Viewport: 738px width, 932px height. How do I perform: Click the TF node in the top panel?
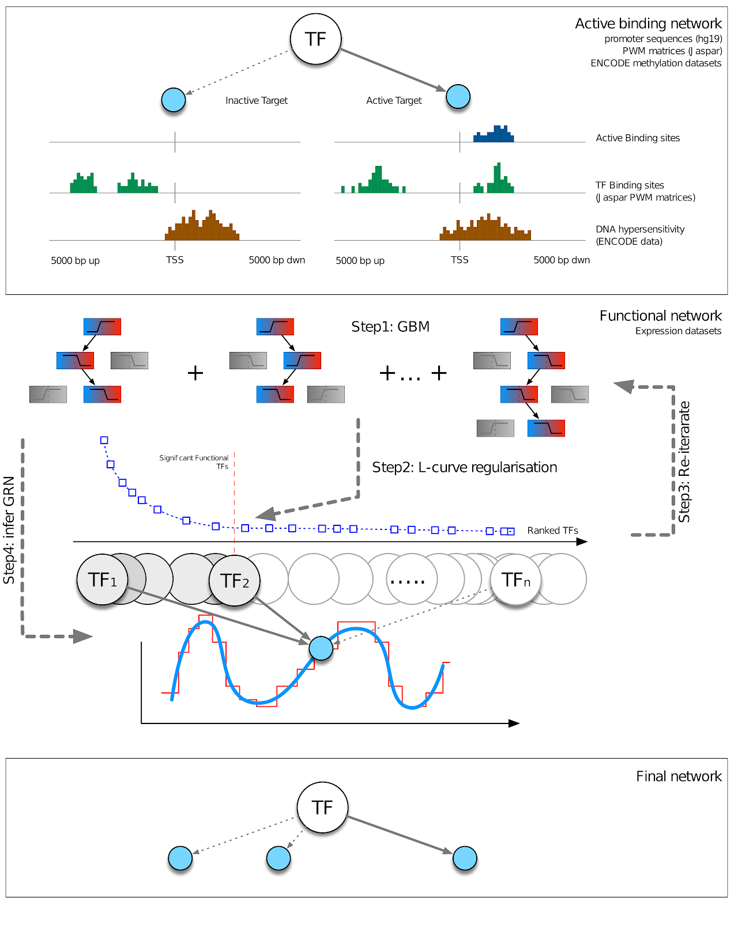pyautogui.click(x=315, y=39)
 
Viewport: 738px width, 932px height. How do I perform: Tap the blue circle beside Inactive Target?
pyautogui.click(x=174, y=100)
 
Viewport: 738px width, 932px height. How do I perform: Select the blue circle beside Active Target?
pyautogui.click(x=458, y=97)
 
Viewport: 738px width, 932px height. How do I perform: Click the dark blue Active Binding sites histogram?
pyautogui.click(x=494, y=134)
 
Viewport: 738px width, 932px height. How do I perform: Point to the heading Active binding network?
pyautogui.click(x=648, y=24)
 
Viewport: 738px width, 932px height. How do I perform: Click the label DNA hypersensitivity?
pyautogui.click(x=640, y=229)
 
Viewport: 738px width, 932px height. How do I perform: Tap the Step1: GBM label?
pyautogui.click(x=390, y=327)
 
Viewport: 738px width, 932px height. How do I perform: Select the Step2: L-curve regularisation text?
pyautogui.click(x=464, y=467)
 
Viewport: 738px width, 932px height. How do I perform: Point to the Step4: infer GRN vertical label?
pyautogui.click(x=9, y=530)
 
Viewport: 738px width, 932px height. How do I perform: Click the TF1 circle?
pyautogui.click(x=102, y=579)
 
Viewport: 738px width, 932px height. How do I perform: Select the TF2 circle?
pyautogui.click(x=234, y=581)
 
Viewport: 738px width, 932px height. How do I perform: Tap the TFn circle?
pyautogui.click(x=515, y=579)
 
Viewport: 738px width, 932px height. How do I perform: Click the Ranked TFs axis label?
pyautogui.click(x=552, y=531)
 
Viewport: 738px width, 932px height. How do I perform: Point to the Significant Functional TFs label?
pyautogui.click(x=194, y=462)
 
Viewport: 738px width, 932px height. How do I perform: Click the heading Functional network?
pyautogui.click(x=660, y=316)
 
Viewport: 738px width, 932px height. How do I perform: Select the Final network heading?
pyautogui.click(x=679, y=776)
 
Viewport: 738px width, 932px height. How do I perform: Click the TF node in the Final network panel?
pyautogui.click(x=322, y=808)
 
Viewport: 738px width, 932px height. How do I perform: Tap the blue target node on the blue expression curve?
pyautogui.click(x=321, y=648)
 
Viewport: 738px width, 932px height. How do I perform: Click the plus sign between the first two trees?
pyautogui.click(x=195, y=373)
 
